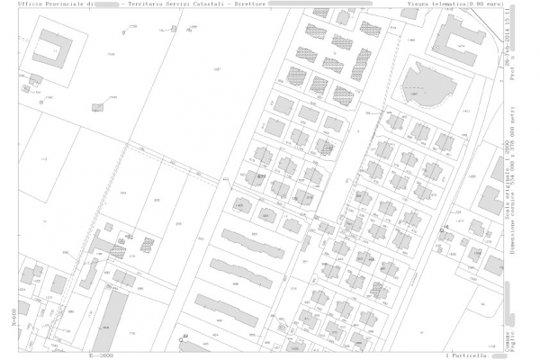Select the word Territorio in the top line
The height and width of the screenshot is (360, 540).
pos(147,4)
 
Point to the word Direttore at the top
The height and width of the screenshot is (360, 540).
pos(249,4)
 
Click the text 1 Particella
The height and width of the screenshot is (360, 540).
pos(465,355)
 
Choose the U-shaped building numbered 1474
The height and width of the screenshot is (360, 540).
pos(464,40)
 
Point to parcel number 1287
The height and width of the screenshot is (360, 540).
pos(216,69)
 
